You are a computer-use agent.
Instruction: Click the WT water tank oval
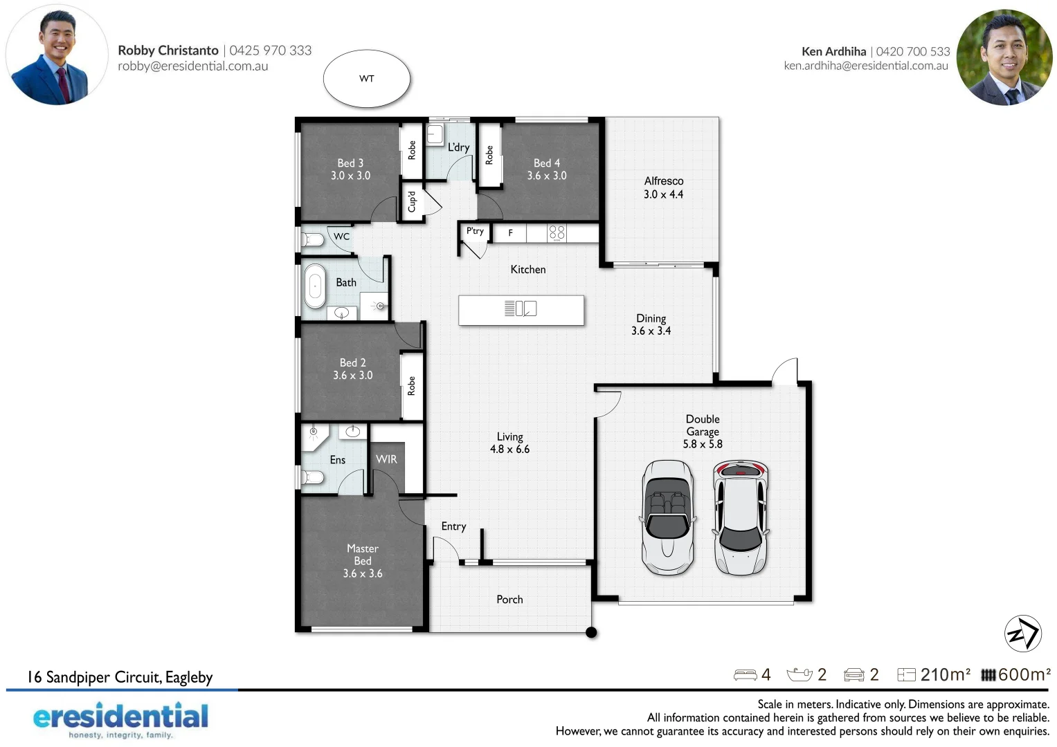[367, 79]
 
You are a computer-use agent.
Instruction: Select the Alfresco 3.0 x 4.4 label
[663, 187]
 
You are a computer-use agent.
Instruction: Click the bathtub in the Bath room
[315, 285]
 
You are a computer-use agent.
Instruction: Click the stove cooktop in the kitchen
[557, 232]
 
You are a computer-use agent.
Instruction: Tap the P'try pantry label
[475, 231]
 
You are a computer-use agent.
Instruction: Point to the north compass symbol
[1022, 633]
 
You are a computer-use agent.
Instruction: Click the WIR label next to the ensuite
[386, 459]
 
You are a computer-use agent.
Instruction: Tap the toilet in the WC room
[312, 240]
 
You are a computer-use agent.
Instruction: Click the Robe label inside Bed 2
[412, 385]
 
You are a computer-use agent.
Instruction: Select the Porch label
[509, 600]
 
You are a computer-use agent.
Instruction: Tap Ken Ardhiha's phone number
[913, 52]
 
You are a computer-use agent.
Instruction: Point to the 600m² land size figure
[1024, 674]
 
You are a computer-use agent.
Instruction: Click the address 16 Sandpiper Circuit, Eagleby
[120, 677]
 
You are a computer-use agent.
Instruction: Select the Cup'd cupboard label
[412, 201]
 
